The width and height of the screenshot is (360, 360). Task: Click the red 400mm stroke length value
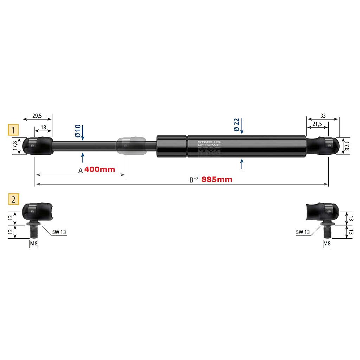click(99, 169)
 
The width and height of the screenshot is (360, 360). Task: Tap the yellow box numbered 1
click(13, 130)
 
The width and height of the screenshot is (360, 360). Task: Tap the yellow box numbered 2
click(13, 199)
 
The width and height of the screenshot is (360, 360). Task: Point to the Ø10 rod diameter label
click(78, 131)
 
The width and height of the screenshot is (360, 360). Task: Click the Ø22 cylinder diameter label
click(237, 125)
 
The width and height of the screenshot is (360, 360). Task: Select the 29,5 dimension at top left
click(37, 115)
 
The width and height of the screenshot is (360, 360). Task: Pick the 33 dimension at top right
click(323, 115)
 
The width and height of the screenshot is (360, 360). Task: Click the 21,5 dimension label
click(317, 124)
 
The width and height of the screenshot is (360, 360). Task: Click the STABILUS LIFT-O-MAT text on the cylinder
click(209, 144)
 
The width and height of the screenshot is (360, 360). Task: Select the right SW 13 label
click(303, 232)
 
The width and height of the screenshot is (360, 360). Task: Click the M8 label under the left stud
click(33, 243)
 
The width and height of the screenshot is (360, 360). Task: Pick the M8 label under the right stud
click(327, 243)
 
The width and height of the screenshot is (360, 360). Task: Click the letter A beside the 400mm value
click(80, 170)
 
